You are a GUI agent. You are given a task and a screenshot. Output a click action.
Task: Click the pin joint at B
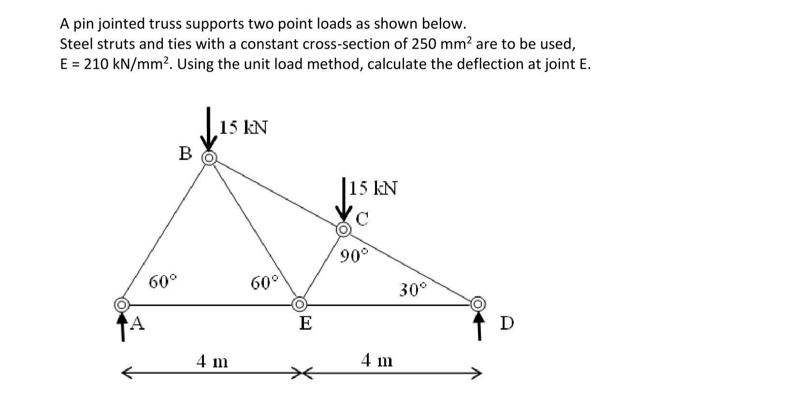click(x=209, y=158)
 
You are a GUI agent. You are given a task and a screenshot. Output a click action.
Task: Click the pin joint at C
click(x=343, y=229)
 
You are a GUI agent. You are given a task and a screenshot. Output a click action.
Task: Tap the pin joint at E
click(x=299, y=304)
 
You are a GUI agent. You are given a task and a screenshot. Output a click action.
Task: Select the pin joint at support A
click(x=121, y=305)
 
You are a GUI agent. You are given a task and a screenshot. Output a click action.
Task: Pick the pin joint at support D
click(x=478, y=304)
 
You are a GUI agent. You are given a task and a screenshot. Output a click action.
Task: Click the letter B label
click(x=185, y=153)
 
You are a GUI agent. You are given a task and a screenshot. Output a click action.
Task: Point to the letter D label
click(x=507, y=323)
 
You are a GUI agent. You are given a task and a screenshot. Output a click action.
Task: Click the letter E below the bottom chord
click(x=305, y=324)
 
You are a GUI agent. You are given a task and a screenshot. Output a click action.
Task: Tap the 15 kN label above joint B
click(x=244, y=127)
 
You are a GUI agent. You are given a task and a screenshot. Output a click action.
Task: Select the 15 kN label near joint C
click(x=374, y=188)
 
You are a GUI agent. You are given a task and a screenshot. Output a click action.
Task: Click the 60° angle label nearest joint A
click(x=163, y=282)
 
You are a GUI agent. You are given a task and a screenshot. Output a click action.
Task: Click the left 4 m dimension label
click(x=212, y=361)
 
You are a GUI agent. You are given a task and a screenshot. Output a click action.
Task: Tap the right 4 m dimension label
click(x=377, y=360)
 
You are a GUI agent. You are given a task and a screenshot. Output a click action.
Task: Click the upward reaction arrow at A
click(x=123, y=327)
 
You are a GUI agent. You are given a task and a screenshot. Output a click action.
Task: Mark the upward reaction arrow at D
click(x=479, y=327)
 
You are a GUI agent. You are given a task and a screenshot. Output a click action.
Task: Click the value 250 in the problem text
click(x=424, y=44)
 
